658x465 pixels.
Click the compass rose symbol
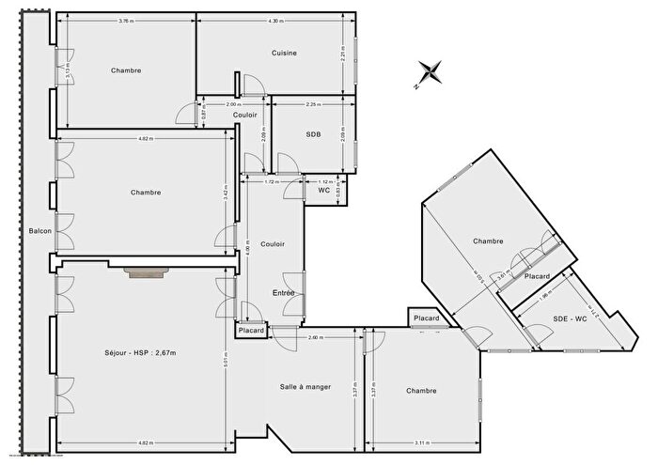[x=430, y=71]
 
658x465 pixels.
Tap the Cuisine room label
[x=284, y=53]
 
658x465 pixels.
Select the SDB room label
[x=313, y=134]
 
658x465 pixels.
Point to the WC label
[x=324, y=190]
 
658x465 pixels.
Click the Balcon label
[x=39, y=231]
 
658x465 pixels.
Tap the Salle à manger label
[x=305, y=387]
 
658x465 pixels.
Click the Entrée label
[x=284, y=293]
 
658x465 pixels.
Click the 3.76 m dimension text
[x=125, y=21]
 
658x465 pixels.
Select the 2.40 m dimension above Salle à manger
[x=315, y=337]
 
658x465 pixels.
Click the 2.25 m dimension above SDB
[x=313, y=104]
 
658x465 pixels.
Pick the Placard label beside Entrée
[x=251, y=331]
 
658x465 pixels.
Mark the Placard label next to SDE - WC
[x=537, y=277]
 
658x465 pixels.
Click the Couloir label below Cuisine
[x=244, y=115]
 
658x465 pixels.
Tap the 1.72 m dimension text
[x=272, y=181]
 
